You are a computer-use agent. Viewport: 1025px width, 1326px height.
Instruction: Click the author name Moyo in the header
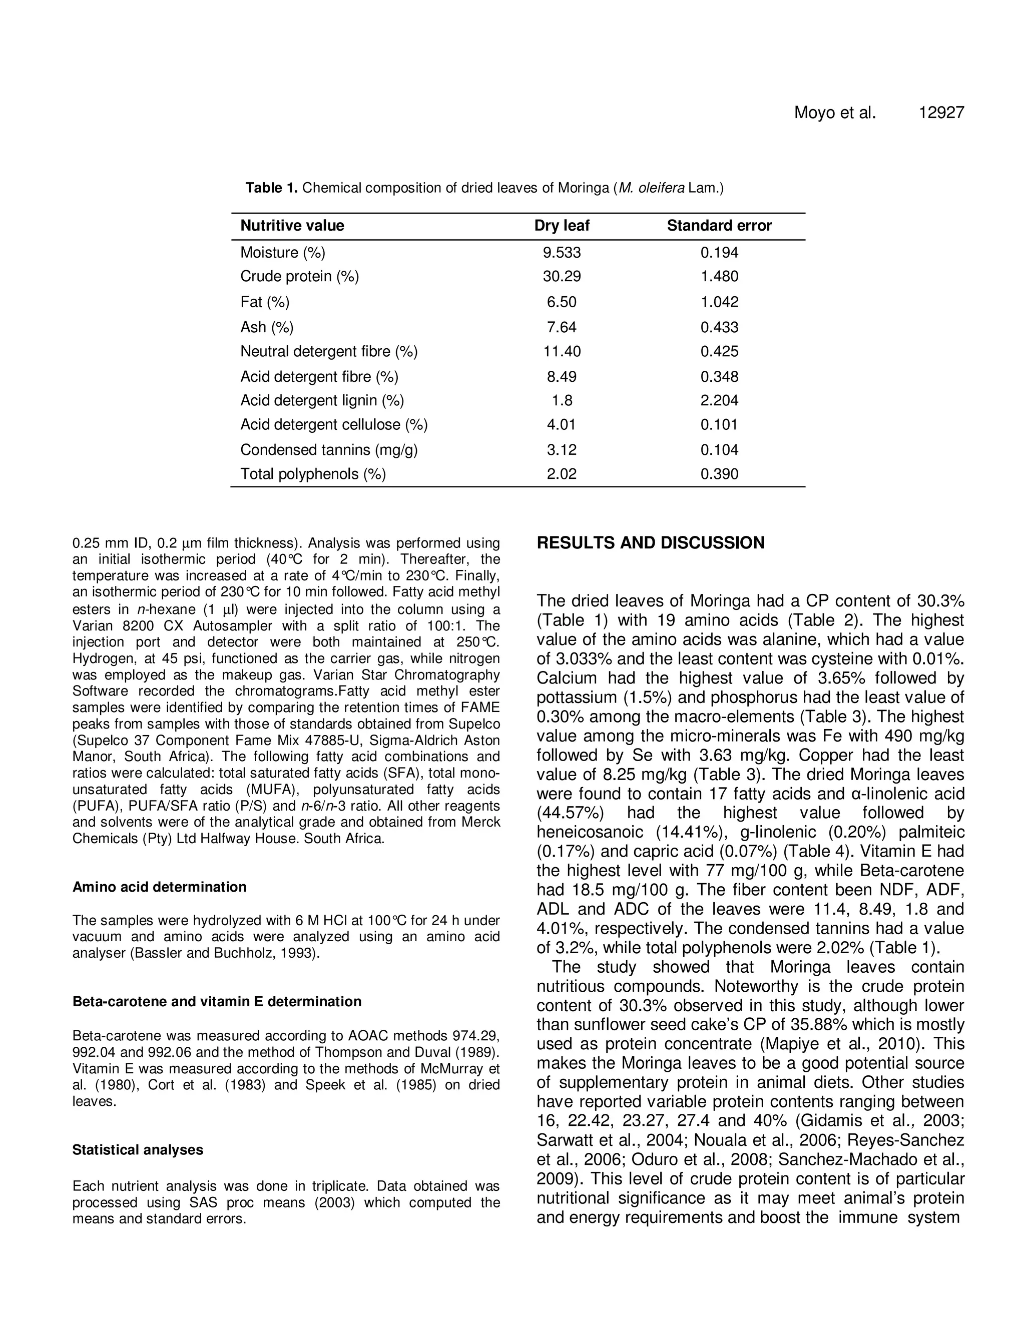pyautogui.click(x=815, y=113)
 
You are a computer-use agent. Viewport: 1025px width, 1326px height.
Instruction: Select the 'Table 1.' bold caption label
pyautogui.click(x=271, y=188)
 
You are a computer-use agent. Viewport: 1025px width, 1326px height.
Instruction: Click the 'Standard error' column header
pyautogui.click(x=719, y=226)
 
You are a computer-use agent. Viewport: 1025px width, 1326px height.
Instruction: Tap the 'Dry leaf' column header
pyautogui.click(x=562, y=226)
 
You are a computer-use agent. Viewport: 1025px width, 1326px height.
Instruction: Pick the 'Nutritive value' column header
pyautogui.click(x=292, y=226)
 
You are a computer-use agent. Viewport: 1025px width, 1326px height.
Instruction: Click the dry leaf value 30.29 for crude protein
pyautogui.click(x=562, y=277)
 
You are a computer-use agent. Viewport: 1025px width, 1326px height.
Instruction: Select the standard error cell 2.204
pyautogui.click(x=719, y=401)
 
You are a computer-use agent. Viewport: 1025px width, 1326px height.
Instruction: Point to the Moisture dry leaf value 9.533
pyautogui.click(x=562, y=253)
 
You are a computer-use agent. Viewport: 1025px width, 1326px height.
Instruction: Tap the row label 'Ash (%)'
pyautogui.click(x=267, y=327)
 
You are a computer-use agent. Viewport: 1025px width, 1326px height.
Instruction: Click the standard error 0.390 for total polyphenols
pyautogui.click(x=719, y=474)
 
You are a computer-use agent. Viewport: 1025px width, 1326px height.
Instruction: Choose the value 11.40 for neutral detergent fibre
pyautogui.click(x=562, y=352)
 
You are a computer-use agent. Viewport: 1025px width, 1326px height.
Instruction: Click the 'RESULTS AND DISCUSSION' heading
pyautogui.click(x=650, y=543)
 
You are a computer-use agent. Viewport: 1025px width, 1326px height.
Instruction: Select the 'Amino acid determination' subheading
pyautogui.click(x=159, y=887)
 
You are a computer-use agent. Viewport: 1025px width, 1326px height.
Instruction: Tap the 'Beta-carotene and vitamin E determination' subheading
pyautogui.click(x=217, y=1001)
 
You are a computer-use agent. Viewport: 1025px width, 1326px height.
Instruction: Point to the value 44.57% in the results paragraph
pyautogui.click(x=564, y=813)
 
